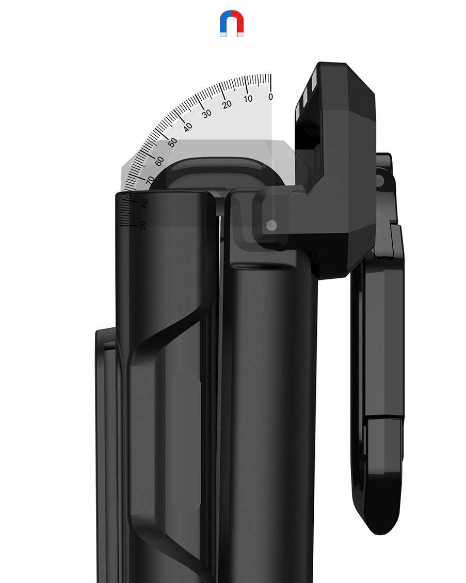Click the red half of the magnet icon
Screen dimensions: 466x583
238,22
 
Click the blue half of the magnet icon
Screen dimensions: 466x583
225,22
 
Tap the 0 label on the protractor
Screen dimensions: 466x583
270,96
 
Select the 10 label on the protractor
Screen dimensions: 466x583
248,99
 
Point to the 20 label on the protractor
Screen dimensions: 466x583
227,104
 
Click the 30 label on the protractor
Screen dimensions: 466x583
206,114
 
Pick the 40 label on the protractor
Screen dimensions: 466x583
188,127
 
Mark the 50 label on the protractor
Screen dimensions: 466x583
172,143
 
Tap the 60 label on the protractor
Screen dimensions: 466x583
159,161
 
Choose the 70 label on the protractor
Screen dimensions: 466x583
150,181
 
